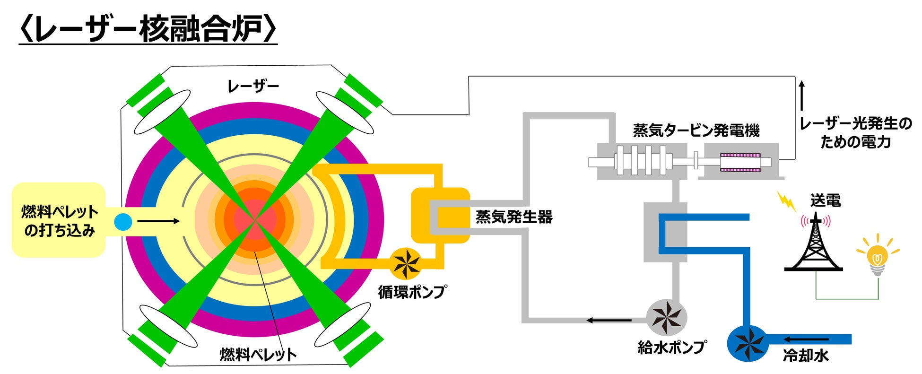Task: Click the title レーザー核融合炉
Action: (x=148, y=29)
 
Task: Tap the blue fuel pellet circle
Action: (x=123, y=222)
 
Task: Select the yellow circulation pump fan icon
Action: (x=407, y=263)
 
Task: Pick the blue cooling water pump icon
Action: (x=748, y=343)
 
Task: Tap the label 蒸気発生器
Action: (x=514, y=217)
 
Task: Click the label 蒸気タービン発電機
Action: (x=696, y=130)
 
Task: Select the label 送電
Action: (x=826, y=200)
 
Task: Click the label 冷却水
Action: (x=806, y=356)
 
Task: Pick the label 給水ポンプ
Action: (x=672, y=348)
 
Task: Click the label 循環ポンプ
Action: (x=412, y=292)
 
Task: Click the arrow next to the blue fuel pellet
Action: (x=158, y=221)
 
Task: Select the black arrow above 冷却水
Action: (x=807, y=339)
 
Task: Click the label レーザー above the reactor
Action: (x=253, y=87)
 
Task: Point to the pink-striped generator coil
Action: (x=740, y=162)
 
